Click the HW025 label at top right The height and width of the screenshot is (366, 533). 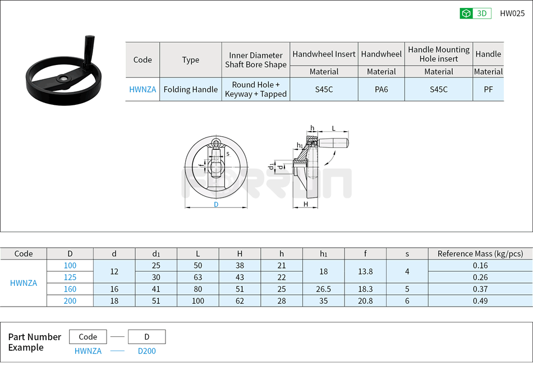coord(512,13)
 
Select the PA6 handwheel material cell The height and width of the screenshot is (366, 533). coord(381,89)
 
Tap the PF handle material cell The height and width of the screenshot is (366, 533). coord(488,89)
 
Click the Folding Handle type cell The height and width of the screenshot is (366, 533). coord(191,89)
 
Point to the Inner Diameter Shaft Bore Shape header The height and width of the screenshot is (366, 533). coord(256,60)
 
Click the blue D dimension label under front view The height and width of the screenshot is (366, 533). coord(216,205)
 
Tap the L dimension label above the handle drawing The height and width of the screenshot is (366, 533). coord(334,128)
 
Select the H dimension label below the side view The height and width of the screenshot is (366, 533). coord(306,204)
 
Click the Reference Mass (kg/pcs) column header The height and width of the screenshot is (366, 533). coord(480,253)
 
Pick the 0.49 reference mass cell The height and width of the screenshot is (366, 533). coord(480,301)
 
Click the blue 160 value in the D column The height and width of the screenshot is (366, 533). coord(70,289)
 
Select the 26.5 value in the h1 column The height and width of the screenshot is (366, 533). coord(324,289)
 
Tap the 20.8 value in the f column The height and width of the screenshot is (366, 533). coord(365,301)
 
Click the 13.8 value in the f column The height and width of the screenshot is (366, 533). coord(365,271)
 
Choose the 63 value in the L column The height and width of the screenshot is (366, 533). coord(198,277)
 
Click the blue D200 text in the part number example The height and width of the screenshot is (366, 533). coord(147,351)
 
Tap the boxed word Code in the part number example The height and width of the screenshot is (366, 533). coord(88,337)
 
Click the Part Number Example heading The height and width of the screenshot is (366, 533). coord(34,342)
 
